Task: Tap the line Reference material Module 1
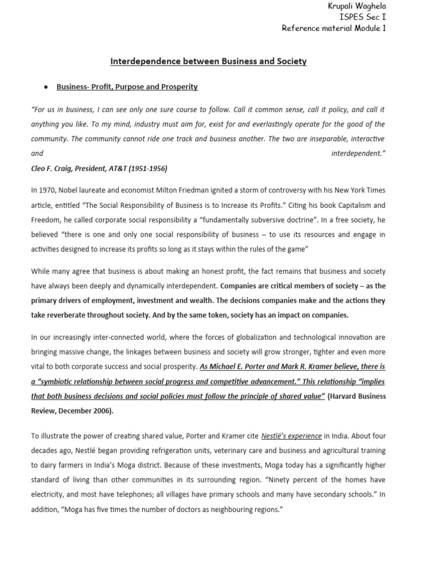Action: pyautogui.click(x=334, y=29)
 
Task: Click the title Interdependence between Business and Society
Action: pyautogui.click(x=207, y=62)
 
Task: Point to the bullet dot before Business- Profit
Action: pyautogui.click(x=45, y=87)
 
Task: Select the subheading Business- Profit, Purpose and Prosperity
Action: pyautogui.click(x=127, y=87)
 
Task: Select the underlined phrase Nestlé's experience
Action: pyautogui.click(x=291, y=436)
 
